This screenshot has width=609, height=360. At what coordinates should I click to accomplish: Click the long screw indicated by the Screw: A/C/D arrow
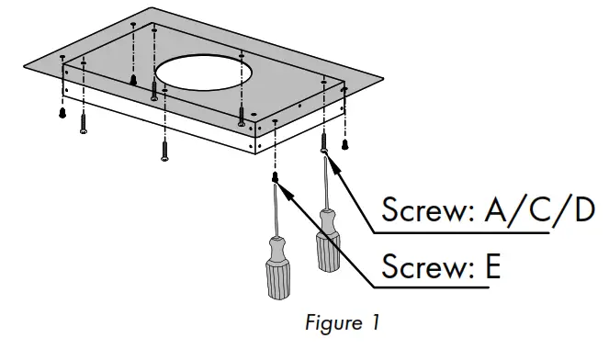(324, 142)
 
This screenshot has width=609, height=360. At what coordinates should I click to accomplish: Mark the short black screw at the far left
(62, 111)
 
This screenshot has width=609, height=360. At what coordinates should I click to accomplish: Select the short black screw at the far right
(345, 143)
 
